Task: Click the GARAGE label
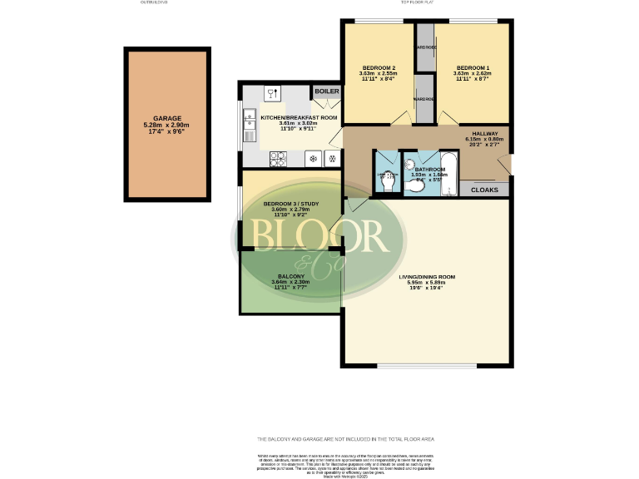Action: click(x=166, y=119)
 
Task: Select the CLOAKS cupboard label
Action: click(x=484, y=190)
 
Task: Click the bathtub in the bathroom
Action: click(x=447, y=173)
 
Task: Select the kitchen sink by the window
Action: click(x=249, y=125)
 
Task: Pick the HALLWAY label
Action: click(x=484, y=133)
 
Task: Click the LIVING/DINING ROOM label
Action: click(x=426, y=277)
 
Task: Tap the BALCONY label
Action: click(x=290, y=275)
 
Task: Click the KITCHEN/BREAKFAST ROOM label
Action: click(x=299, y=118)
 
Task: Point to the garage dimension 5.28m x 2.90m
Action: click(x=166, y=126)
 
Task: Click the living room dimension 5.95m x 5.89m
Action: click(x=426, y=284)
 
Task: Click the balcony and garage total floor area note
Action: click(x=344, y=438)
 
